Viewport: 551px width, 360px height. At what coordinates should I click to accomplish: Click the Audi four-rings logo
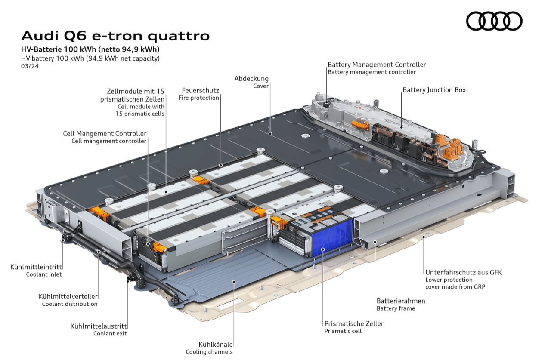tap(494, 21)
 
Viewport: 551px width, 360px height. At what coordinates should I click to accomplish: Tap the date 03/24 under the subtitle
tap(28, 66)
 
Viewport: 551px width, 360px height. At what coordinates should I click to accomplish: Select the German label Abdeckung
tap(251, 79)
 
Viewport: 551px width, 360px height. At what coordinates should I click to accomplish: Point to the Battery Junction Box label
tap(434, 90)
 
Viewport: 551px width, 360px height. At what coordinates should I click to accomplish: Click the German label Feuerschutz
tap(200, 90)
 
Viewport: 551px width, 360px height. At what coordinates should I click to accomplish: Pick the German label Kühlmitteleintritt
tap(36, 267)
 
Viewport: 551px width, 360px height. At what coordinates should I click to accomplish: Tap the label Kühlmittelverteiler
tap(68, 296)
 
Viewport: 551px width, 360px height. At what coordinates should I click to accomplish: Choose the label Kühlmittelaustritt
tap(99, 326)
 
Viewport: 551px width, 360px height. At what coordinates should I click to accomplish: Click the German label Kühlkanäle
tap(216, 345)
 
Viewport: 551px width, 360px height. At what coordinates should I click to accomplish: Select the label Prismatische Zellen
tap(354, 323)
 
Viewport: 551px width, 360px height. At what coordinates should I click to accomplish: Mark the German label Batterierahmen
tap(400, 301)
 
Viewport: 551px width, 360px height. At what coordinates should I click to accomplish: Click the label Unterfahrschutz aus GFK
tap(464, 272)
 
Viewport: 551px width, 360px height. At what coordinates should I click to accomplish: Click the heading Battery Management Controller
tap(377, 65)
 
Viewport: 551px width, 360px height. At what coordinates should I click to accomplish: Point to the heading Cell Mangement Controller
tap(105, 134)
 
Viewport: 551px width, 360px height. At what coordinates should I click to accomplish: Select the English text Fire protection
tap(198, 98)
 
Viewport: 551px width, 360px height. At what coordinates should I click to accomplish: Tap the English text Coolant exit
tap(110, 333)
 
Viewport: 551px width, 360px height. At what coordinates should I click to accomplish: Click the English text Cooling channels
tap(209, 352)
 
